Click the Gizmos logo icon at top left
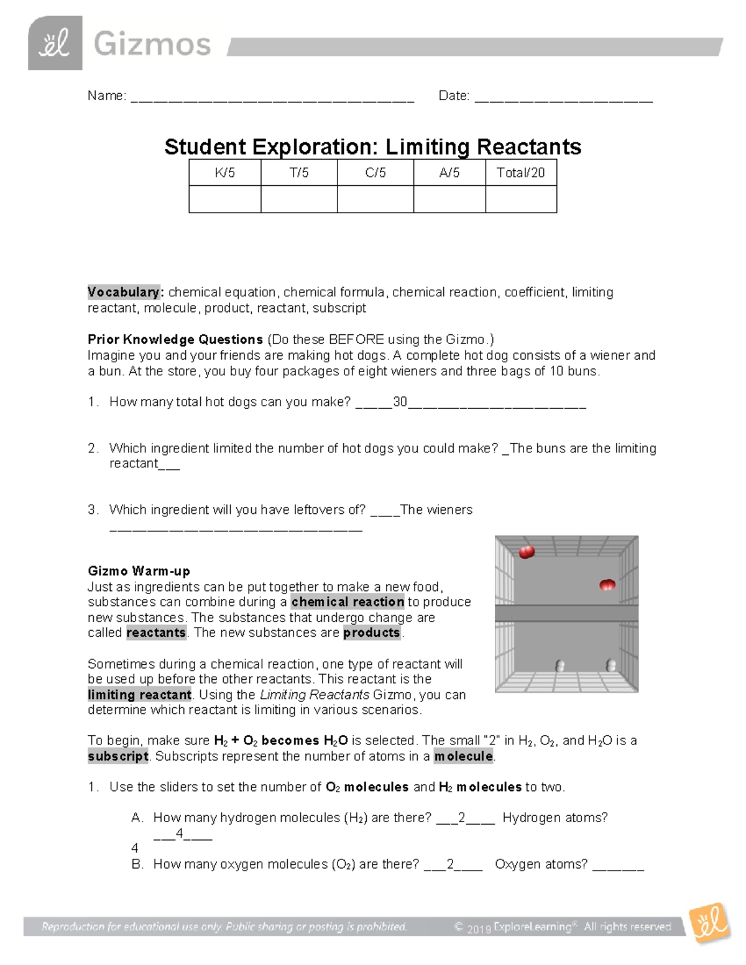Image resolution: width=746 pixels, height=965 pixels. coord(55,43)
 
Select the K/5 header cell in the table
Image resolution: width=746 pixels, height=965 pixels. coord(225,173)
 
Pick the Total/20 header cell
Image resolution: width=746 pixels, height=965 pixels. coord(520,173)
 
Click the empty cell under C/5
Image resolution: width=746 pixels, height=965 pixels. coord(375,199)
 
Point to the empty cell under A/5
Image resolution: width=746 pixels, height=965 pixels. coord(449,199)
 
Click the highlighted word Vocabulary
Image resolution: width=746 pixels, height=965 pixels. coord(124,292)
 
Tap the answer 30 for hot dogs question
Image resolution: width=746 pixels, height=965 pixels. coord(400,402)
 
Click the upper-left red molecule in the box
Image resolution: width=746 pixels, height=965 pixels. coord(527,552)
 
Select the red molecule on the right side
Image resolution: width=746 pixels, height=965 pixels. coord(607,585)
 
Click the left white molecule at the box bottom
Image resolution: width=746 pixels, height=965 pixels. coord(560,666)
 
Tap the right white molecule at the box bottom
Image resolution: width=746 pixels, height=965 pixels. coord(611,666)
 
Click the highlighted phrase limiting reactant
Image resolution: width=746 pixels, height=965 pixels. coord(140,695)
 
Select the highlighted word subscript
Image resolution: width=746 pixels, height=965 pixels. coord(118,756)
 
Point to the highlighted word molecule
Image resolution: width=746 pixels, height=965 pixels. coord(464,756)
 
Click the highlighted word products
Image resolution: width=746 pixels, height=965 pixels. coord(372,633)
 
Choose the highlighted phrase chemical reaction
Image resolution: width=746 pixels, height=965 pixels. coord(348,601)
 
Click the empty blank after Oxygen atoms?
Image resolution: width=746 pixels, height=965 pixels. coord(618,867)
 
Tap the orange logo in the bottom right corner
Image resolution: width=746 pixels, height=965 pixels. coord(709,924)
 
